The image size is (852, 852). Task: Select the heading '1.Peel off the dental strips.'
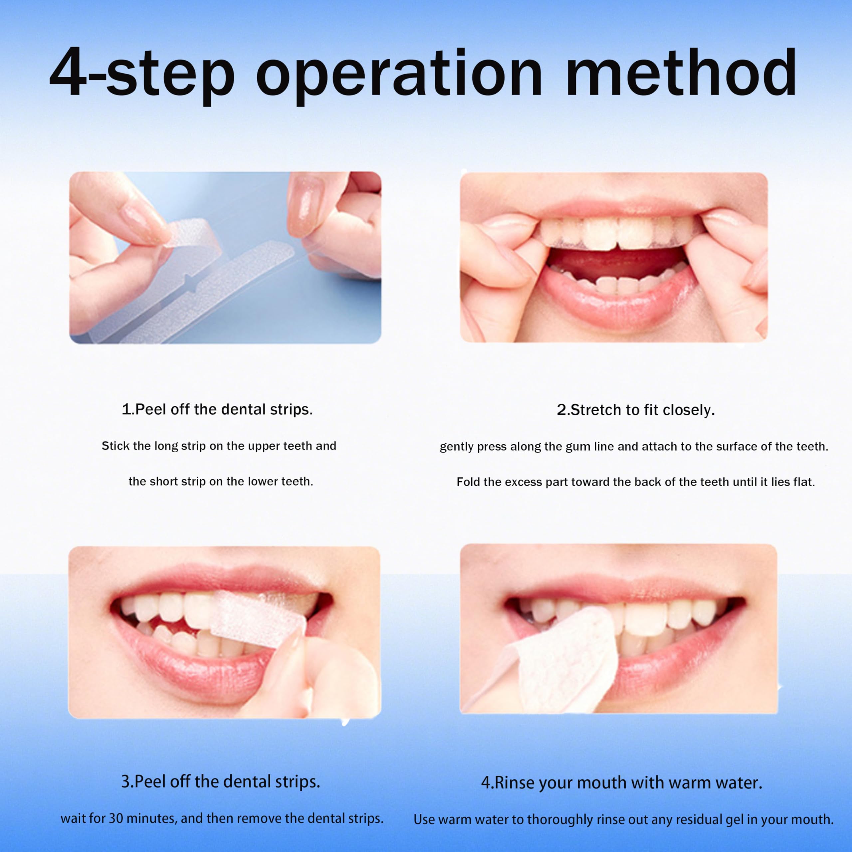217,409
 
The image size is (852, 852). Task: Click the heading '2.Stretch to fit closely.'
635,410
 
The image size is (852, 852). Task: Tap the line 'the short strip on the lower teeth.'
221,481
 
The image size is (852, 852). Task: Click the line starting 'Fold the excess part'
635,482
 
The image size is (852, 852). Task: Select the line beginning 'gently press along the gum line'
634,446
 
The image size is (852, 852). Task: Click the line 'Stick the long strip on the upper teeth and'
219,446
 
